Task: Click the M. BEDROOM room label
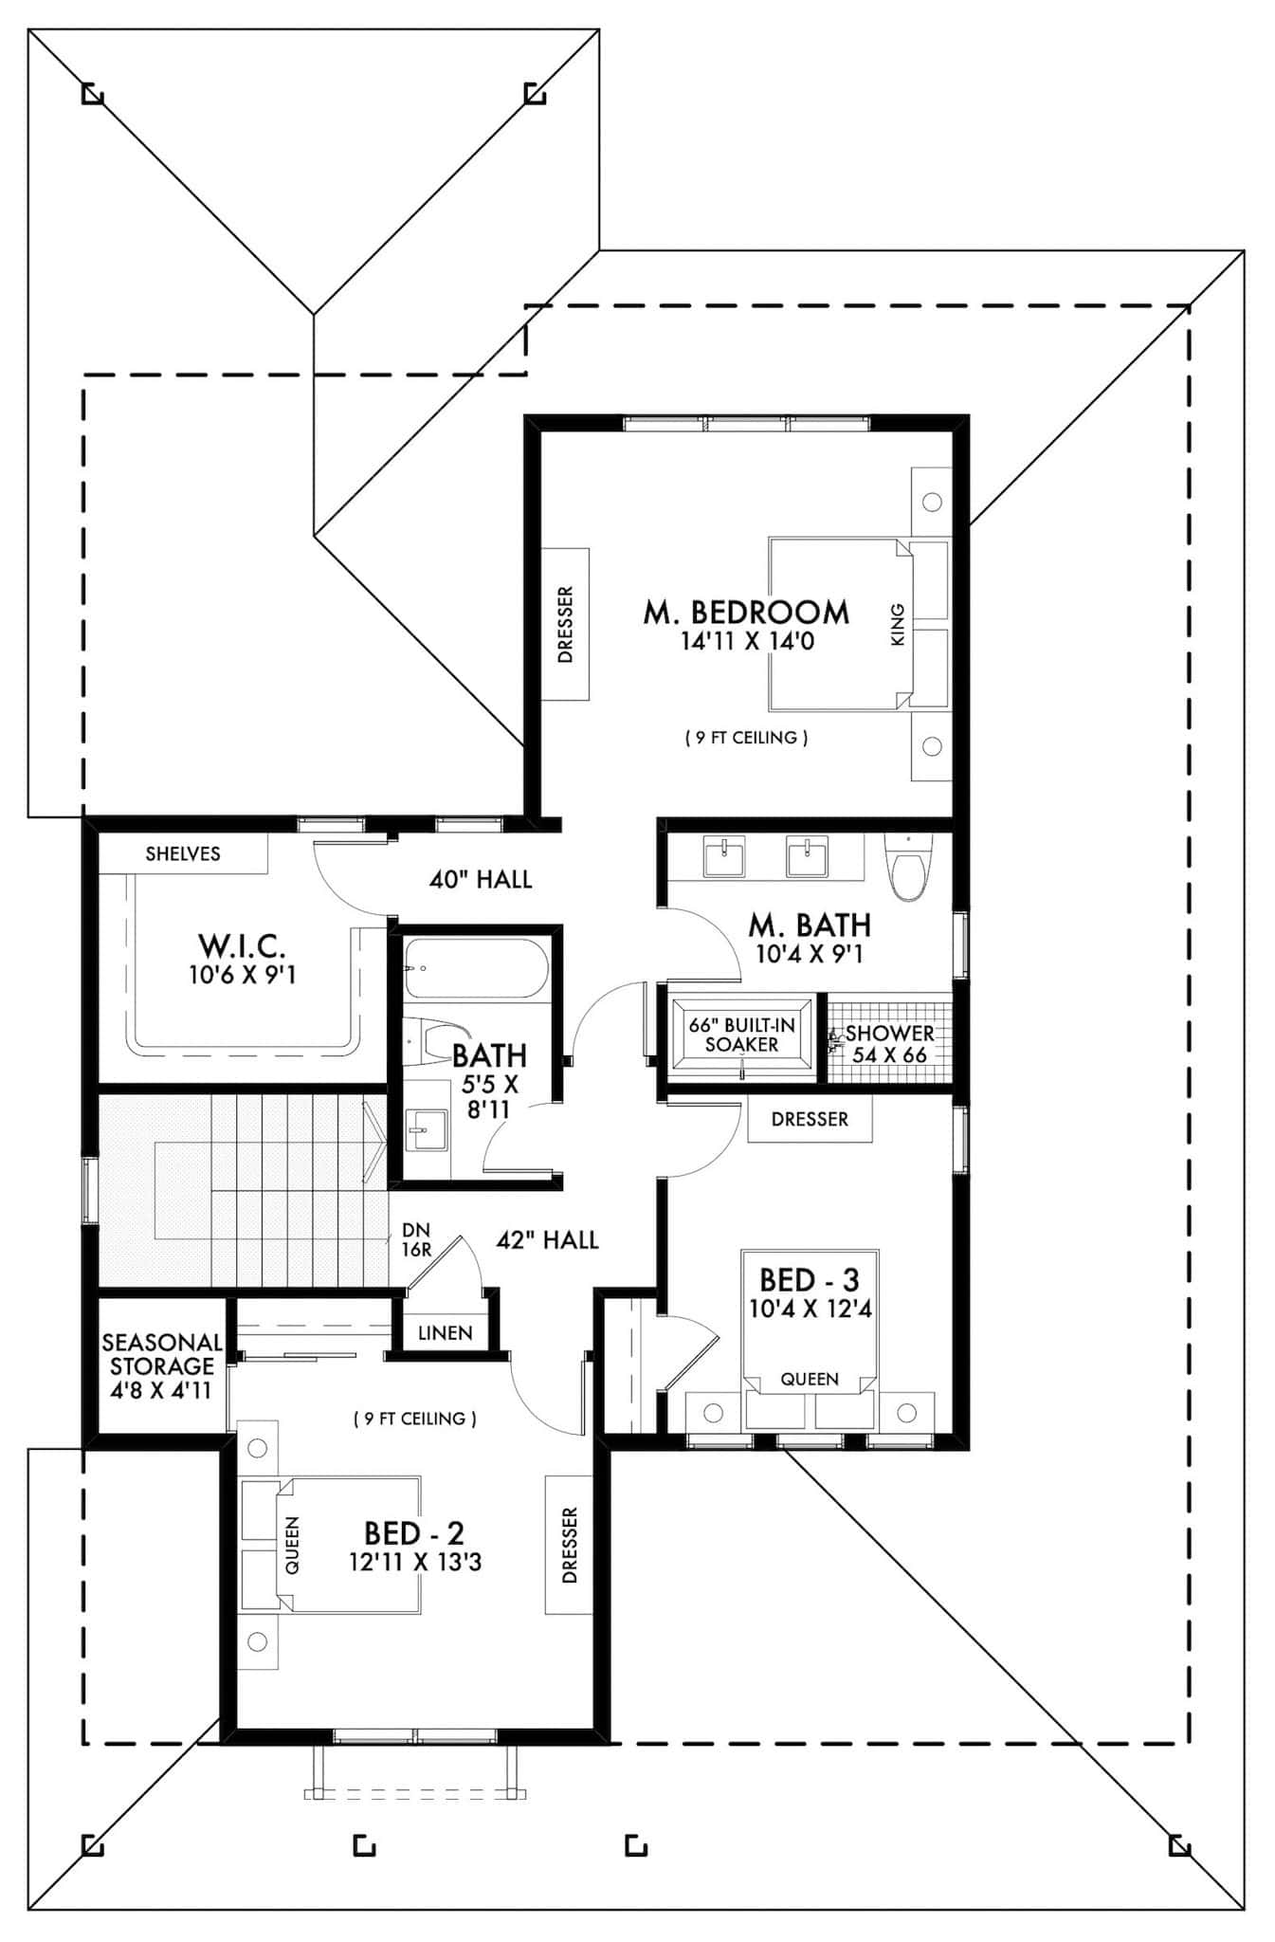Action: [x=746, y=612]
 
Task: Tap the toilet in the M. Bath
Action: [x=907, y=867]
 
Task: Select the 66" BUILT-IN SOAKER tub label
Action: [x=741, y=1035]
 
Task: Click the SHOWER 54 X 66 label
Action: [x=888, y=1043]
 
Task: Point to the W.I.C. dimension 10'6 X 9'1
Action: [x=243, y=974]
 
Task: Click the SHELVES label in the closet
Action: [x=183, y=853]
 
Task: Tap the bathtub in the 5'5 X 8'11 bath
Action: [x=475, y=968]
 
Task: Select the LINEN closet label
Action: [x=445, y=1332]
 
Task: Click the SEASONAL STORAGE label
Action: [x=161, y=1365]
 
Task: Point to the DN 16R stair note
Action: [x=416, y=1240]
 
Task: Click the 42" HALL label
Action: [x=547, y=1239]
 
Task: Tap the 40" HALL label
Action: [x=481, y=879]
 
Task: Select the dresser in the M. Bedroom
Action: [x=565, y=624]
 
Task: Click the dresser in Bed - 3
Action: [x=810, y=1119]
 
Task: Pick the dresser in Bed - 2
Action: [x=569, y=1545]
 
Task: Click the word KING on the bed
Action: [x=898, y=625]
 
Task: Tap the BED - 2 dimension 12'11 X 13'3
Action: [x=415, y=1562]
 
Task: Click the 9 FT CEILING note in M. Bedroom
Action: [x=746, y=737]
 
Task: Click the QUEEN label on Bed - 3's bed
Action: [x=810, y=1379]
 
